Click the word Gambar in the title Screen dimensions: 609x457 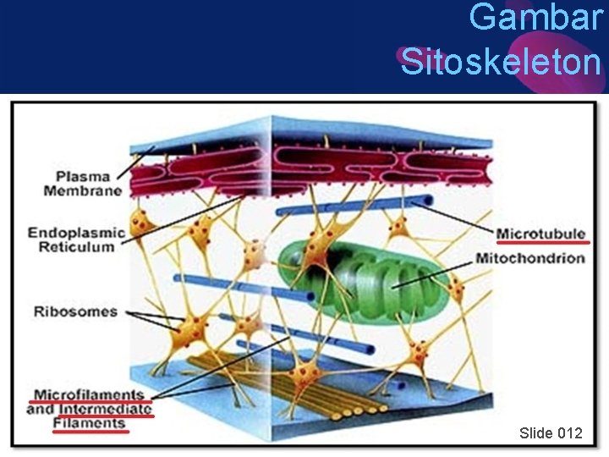point(535,18)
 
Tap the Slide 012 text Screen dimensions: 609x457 point(551,433)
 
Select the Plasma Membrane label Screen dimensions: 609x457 point(83,184)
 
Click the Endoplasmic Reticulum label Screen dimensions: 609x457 point(75,240)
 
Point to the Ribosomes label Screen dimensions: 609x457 point(75,311)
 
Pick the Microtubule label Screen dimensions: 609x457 point(540,233)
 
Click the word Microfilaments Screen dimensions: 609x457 point(87,395)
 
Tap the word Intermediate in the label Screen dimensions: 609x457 point(106,410)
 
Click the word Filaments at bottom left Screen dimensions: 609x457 point(89,423)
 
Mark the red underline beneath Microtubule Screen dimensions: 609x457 point(540,242)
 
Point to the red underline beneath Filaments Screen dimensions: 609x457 point(89,432)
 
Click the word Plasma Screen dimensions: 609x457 point(83,177)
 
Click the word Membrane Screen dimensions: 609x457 point(83,191)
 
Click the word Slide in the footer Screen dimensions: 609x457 point(535,433)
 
